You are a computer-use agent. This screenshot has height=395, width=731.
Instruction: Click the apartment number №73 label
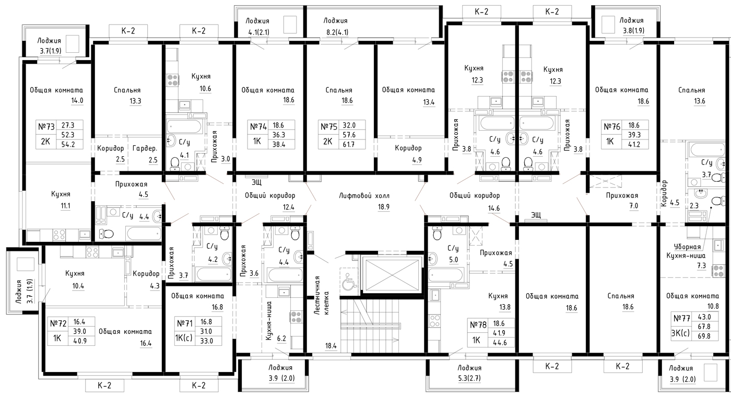click(46, 126)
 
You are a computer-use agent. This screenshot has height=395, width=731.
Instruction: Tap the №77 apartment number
click(681, 318)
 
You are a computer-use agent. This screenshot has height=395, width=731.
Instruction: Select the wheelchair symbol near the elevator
click(349, 279)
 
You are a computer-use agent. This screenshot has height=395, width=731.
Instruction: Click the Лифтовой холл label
click(364, 196)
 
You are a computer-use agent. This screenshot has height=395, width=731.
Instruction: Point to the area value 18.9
click(383, 207)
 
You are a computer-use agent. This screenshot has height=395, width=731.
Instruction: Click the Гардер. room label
click(145, 148)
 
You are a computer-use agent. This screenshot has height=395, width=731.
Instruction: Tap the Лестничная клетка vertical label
click(322, 295)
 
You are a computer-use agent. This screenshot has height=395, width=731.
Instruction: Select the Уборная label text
click(687, 247)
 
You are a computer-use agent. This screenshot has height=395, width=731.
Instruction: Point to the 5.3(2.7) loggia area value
click(469, 378)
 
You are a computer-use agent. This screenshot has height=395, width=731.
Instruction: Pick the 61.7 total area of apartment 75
click(349, 144)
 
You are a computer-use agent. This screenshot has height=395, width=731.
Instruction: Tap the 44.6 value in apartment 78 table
click(499, 342)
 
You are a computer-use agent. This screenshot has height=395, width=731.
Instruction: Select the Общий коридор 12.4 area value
click(288, 207)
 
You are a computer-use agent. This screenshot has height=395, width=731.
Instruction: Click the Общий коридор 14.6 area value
click(494, 208)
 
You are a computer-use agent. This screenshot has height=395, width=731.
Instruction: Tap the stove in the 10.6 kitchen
click(173, 80)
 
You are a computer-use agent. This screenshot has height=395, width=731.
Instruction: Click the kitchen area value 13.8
click(504, 307)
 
